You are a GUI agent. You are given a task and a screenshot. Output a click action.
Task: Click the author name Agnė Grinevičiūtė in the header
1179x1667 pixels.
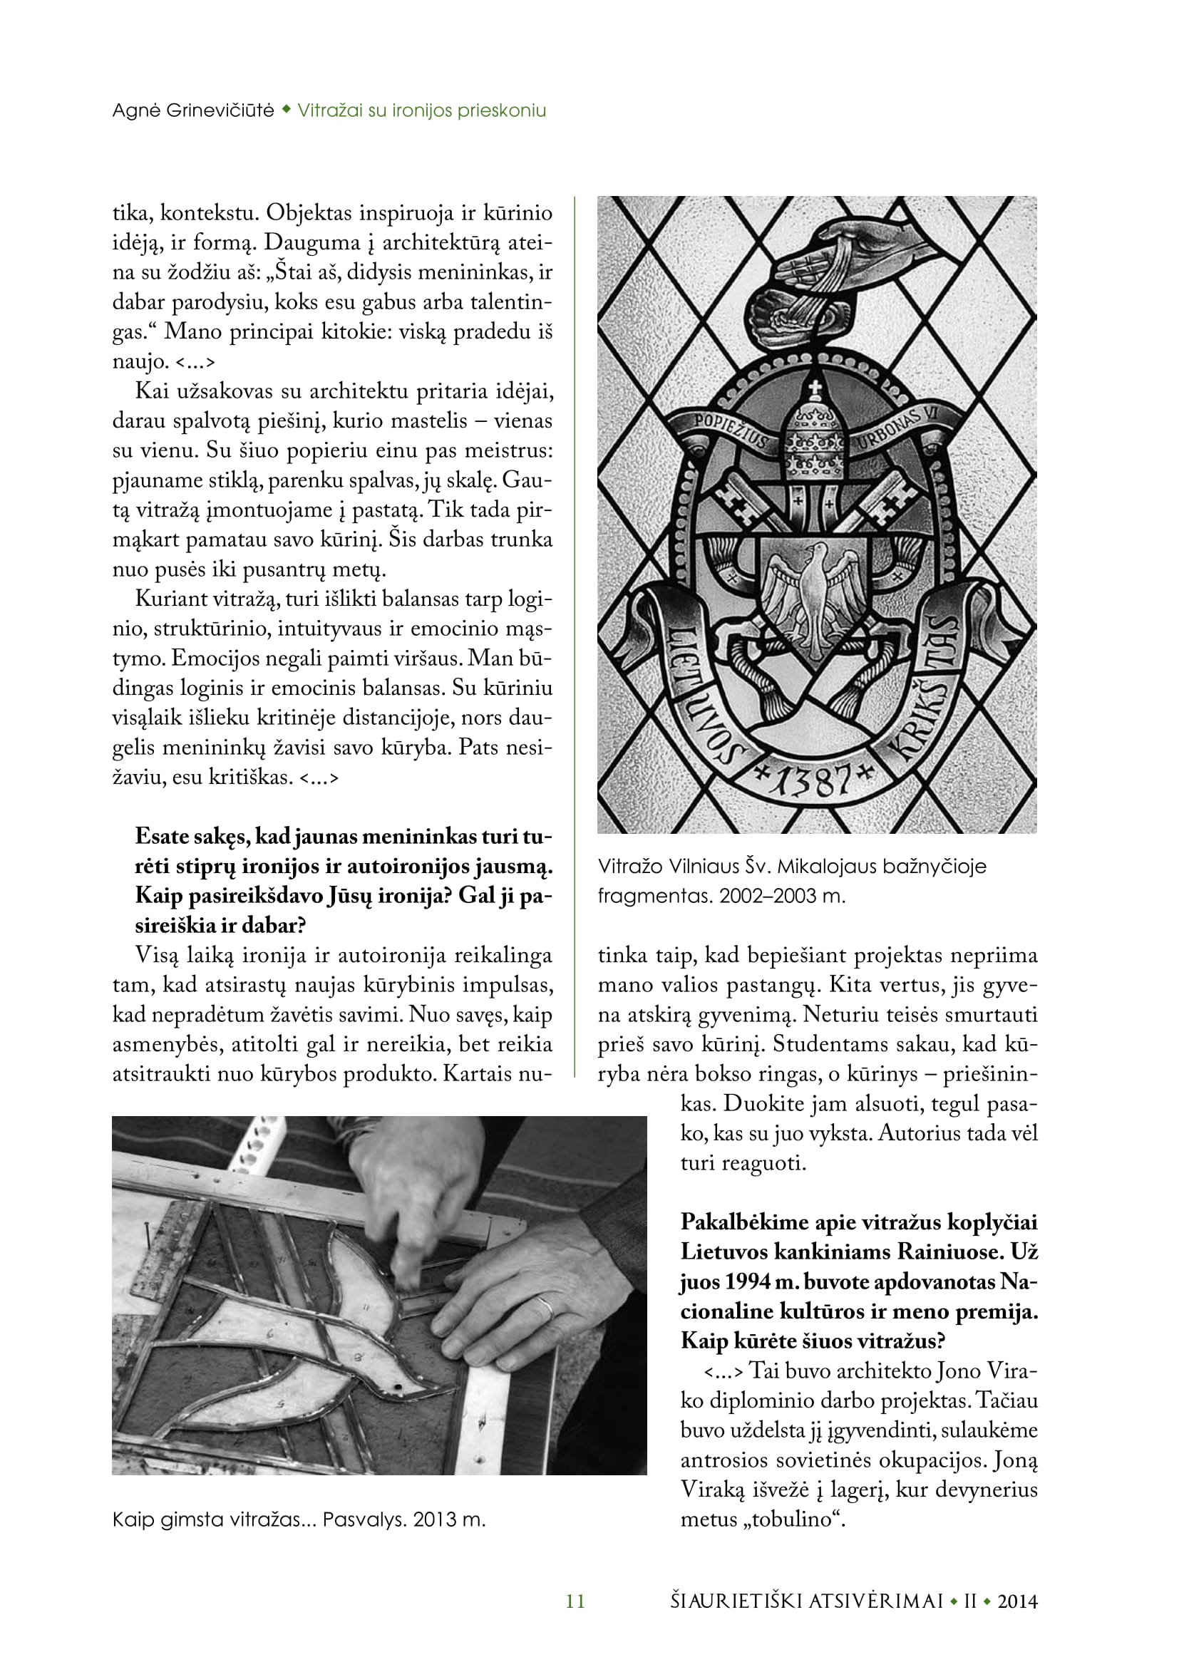[192, 110]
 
